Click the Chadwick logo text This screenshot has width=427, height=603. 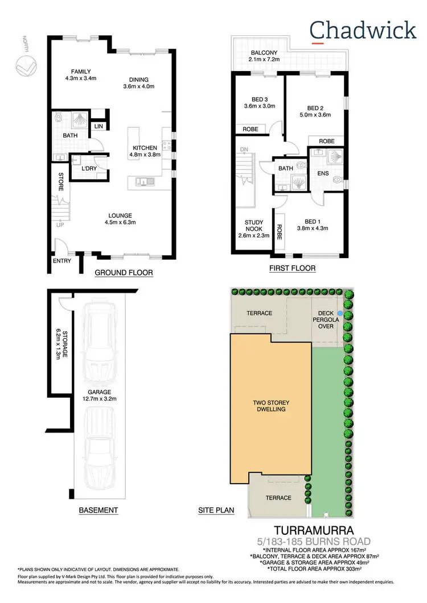363,30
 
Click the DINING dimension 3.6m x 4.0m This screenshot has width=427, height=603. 139,86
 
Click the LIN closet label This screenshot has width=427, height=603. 98,126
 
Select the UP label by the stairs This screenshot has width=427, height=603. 59,225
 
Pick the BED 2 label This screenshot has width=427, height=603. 315,108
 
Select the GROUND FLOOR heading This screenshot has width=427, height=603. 124,273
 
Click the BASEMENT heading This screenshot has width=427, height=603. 98,510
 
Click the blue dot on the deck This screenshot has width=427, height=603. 340,313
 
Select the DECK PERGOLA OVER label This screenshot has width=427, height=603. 327,319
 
